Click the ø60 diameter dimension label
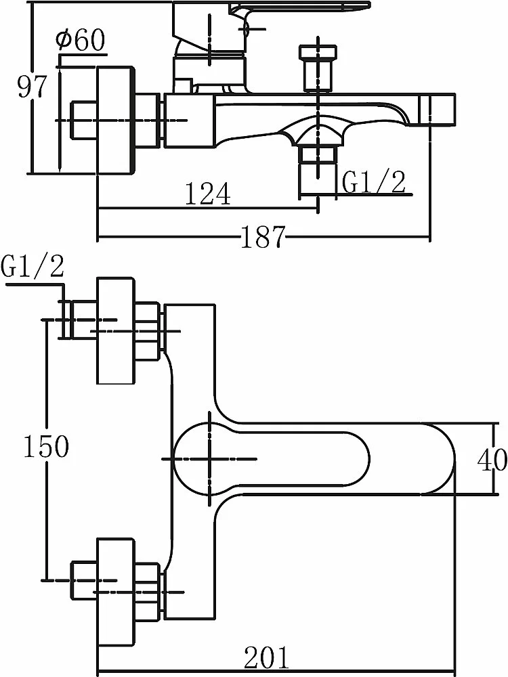[81, 41]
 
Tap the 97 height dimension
[31, 87]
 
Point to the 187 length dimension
[263, 236]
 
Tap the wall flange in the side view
[114, 121]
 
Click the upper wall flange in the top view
[115, 331]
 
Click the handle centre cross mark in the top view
[209, 458]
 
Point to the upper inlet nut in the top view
[148, 330]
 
